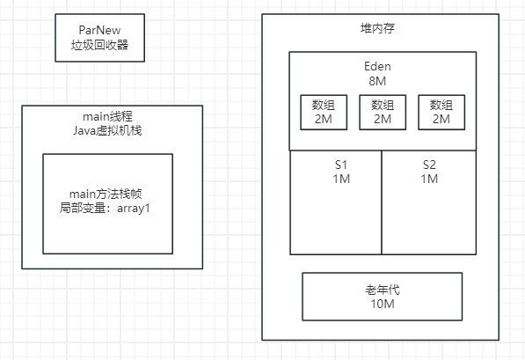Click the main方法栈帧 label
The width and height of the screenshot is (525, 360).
106,195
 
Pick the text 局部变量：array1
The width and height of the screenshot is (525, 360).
106,209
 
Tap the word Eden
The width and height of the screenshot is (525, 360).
383,65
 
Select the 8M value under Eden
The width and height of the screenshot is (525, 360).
383,80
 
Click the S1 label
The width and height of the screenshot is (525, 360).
340,165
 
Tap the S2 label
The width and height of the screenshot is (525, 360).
429,165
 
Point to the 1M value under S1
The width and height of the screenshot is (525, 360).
340,179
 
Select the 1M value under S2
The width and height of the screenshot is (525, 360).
429,179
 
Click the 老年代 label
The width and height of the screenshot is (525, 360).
383,289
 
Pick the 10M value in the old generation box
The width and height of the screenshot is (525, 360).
383,304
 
